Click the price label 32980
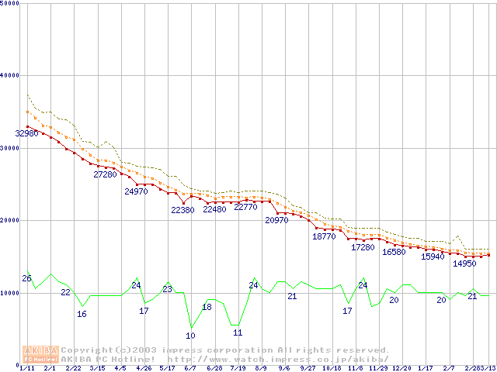coord(26,134)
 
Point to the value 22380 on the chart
coord(182,210)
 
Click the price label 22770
coord(245,208)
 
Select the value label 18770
coord(324,236)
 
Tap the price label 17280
coord(363,247)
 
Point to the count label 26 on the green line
coord(26,278)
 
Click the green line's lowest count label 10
coord(190,336)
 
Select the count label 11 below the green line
coord(238,332)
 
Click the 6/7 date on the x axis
coord(189,368)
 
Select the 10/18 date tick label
coord(332,368)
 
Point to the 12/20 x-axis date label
coord(401,368)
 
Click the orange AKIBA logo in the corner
coord(40,353)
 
